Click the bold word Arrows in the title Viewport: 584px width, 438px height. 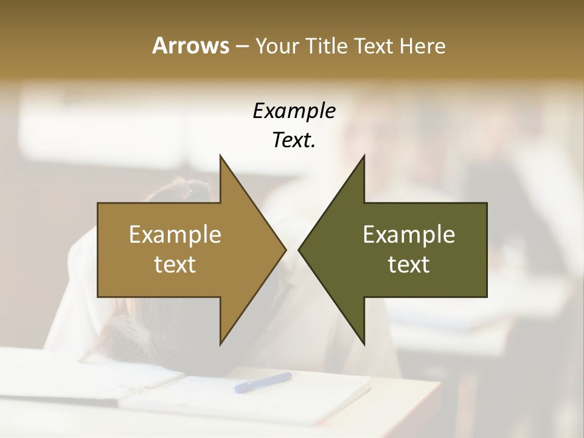pos(190,46)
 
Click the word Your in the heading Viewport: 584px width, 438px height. pos(276,46)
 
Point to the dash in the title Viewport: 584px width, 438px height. pos(242,46)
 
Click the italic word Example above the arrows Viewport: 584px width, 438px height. pos(294,111)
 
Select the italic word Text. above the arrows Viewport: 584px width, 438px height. pos(294,141)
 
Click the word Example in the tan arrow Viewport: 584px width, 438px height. pos(175,235)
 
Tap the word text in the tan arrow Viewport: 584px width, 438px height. pos(175,264)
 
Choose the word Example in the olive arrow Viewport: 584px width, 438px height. pos(409,235)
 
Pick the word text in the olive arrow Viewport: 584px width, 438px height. pos(409,264)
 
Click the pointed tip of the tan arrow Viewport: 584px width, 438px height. pos(283,249)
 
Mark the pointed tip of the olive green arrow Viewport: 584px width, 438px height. pos(301,249)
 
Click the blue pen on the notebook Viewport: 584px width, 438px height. pos(263,382)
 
